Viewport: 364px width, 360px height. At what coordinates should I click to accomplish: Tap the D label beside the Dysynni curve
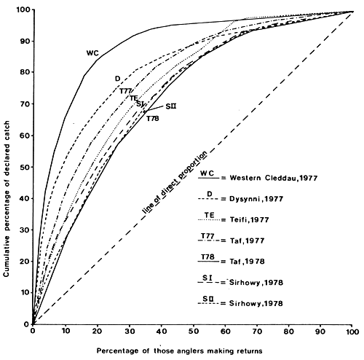click(x=117, y=79)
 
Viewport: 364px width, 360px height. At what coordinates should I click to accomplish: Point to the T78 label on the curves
click(x=152, y=118)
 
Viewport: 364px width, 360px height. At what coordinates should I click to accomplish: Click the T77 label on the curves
click(x=126, y=90)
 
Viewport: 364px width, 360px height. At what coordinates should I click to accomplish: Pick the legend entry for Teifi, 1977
click(x=241, y=218)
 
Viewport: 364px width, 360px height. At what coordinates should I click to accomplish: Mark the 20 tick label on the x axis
click(x=97, y=332)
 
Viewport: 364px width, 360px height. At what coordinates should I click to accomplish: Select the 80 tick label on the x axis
click(x=288, y=332)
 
